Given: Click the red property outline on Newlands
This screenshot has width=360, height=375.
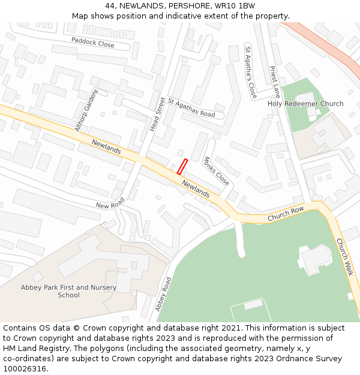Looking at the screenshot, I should tap(182, 167).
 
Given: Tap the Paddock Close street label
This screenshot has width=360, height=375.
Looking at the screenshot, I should tap(92, 43).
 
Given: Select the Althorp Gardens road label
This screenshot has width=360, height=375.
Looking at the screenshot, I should tap(86, 110).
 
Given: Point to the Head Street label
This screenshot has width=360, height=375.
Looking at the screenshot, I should tap(157, 114).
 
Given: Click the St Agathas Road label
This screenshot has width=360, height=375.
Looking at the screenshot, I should tap(191, 107).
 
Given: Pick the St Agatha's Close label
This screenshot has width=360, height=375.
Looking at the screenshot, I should tap(251, 72).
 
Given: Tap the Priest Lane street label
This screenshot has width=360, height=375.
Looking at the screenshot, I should tap(275, 82).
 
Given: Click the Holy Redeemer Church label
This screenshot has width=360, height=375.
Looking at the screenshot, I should tap(305, 104).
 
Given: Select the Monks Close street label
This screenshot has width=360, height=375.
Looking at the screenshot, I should tap(216, 171).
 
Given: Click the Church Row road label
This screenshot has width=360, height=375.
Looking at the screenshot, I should tap(286, 213).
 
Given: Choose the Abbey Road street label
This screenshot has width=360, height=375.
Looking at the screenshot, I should tap(163, 294).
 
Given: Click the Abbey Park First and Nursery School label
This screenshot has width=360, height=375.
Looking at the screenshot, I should tap(68, 291).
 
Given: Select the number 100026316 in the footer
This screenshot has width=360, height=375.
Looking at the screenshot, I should tap(26, 368).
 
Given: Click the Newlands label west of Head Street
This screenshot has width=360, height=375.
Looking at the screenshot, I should tap(106, 147).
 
